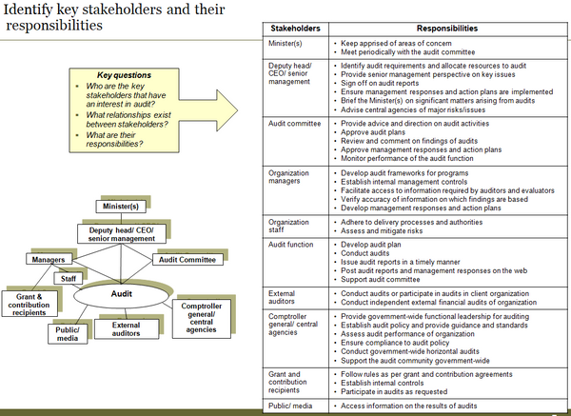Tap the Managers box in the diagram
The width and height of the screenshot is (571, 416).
tap(48, 259)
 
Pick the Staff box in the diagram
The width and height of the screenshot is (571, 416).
tap(69, 278)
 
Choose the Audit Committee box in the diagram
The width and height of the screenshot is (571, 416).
tap(187, 259)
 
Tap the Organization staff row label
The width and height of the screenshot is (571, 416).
tap(289, 227)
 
